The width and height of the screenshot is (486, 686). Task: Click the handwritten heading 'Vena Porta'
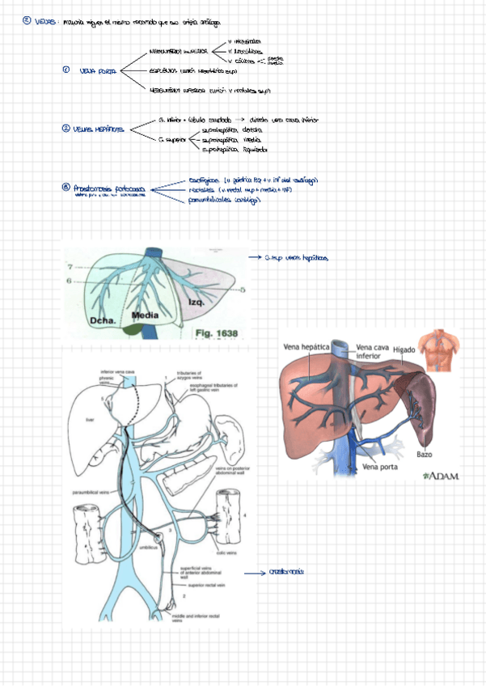tap(98, 71)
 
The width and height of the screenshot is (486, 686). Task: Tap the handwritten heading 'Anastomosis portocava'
tap(108, 188)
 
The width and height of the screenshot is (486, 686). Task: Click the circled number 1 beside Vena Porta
tap(66, 70)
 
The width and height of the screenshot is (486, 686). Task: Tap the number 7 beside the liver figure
tap(70, 266)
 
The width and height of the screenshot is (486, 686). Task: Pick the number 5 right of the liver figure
tap(243, 289)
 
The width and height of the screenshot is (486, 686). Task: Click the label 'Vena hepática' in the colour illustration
tap(306, 347)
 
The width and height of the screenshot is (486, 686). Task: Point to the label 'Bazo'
tap(425, 454)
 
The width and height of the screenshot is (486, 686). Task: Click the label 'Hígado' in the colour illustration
tap(405, 349)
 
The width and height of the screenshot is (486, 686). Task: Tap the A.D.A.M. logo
tap(439, 476)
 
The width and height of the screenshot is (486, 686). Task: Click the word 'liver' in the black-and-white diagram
tap(90, 420)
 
